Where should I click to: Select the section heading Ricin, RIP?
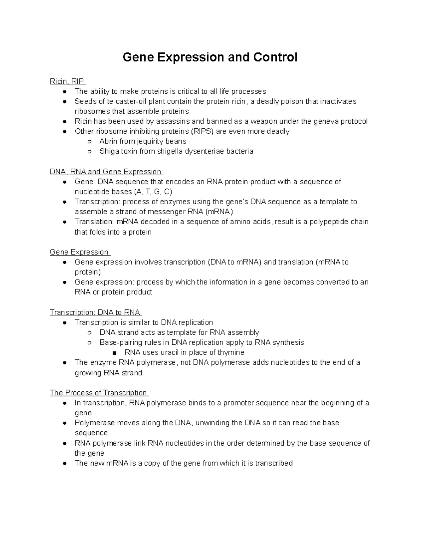click(x=67, y=81)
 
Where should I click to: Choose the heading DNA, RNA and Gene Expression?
click(x=106, y=172)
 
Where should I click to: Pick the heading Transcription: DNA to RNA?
click(x=95, y=313)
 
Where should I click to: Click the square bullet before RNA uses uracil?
click(x=114, y=353)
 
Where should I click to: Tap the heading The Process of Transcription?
click(x=99, y=393)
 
